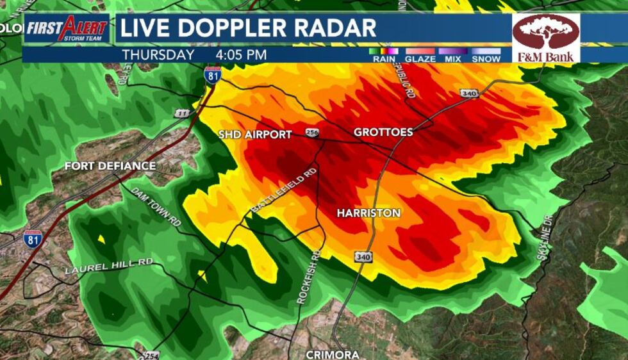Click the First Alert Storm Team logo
tap(67, 29)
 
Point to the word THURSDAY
tap(158, 55)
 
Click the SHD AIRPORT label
tap(255, 135)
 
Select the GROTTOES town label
tap(383, 132)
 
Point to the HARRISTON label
tap(368, 213)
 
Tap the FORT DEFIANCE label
tap(110, 166)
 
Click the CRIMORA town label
tap(332, 354)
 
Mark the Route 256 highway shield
tap(312, 133)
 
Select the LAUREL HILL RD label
tap(109, 266)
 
